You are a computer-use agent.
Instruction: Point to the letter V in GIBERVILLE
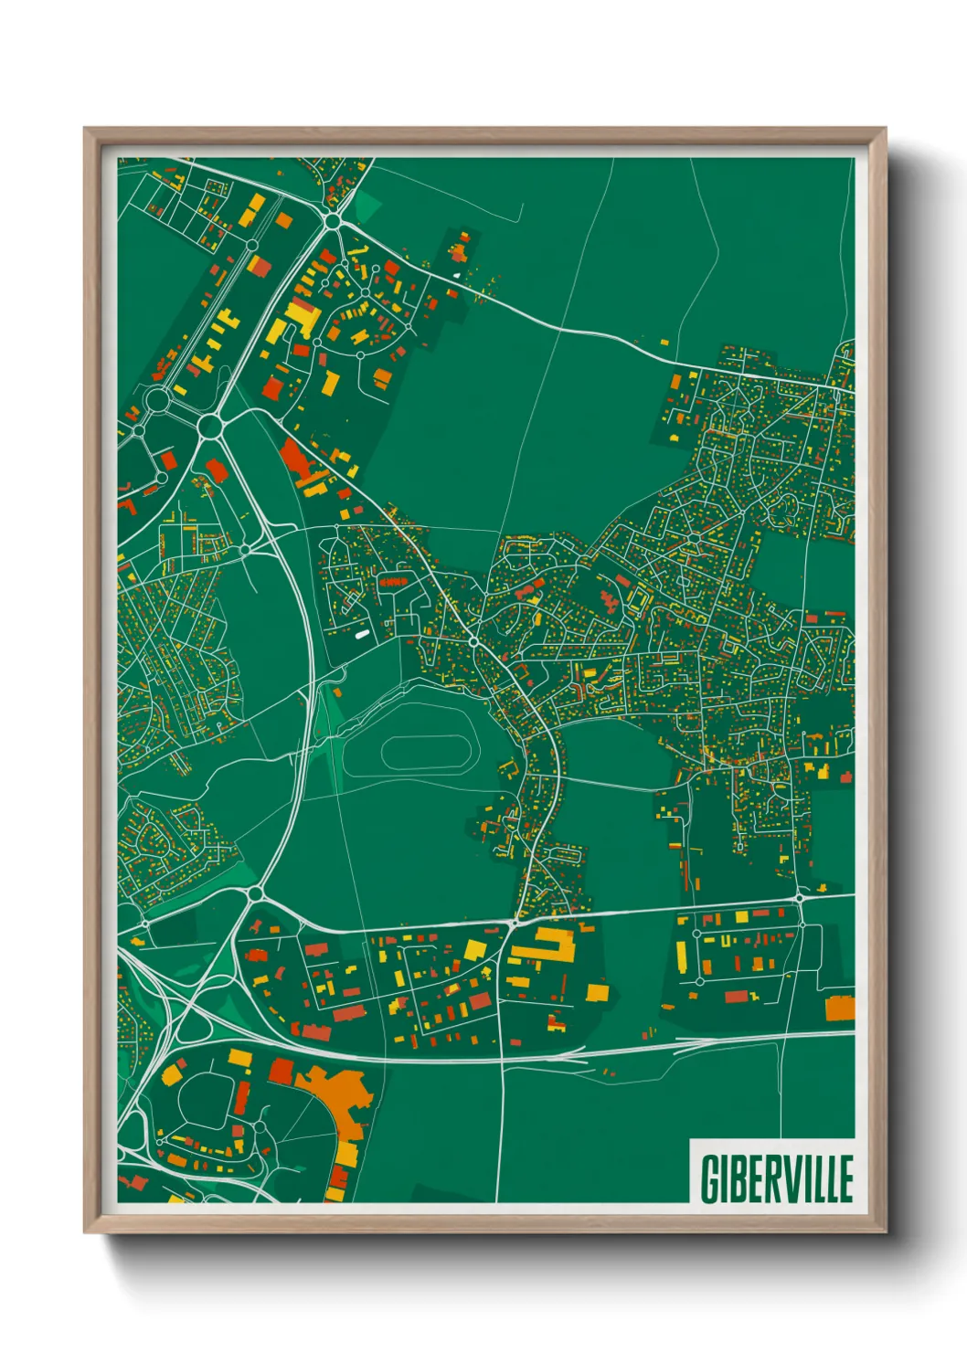coord(791,1178)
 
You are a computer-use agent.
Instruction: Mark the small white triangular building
coord(458,274)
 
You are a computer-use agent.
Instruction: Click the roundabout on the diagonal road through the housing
coord(474,644)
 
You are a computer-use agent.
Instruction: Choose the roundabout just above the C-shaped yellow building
coord(514,923)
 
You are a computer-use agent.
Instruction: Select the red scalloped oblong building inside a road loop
coord(393,582)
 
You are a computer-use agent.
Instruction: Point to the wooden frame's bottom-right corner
coord(884,1231)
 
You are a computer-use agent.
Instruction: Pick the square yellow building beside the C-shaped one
coord(597,992)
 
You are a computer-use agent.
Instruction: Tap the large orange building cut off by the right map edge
coord(840,1009)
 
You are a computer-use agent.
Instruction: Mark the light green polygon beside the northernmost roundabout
coord(366,206)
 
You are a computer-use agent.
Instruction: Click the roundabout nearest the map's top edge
coord(333,220)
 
